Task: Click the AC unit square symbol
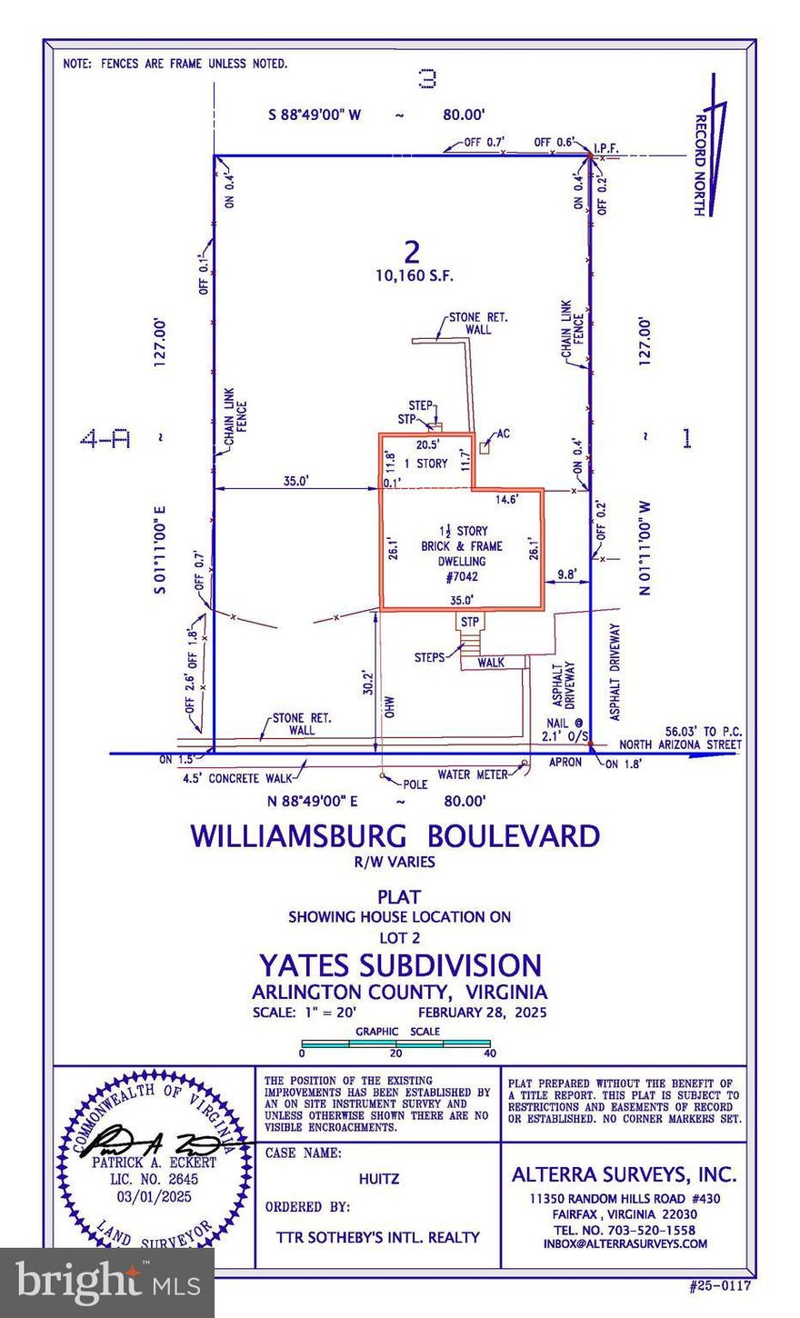coord(485,446)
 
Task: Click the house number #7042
coord(463,575)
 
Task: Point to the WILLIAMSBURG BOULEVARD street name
coord(395,836)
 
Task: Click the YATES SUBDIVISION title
coord(400,964)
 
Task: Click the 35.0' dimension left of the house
coord(293,483)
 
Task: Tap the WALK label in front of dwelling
coord(490,663)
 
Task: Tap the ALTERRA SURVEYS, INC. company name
coord(624,1174)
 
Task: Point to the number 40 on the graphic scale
coord(490,1053)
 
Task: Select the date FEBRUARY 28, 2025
coord(482,1013)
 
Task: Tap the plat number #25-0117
coord(721,1286)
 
